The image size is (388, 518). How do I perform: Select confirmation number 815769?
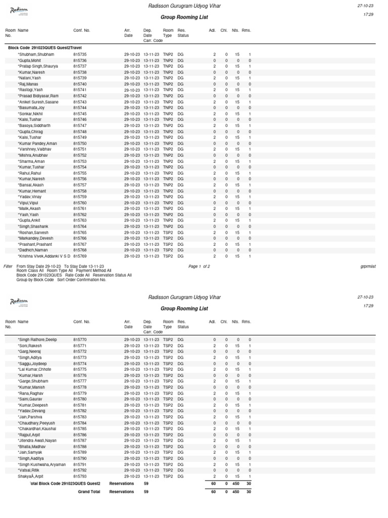coord(80,256)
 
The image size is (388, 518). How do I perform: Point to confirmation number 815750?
coord(80,144)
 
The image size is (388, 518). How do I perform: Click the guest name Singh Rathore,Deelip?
coord(37,339)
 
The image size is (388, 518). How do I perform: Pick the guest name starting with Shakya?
coord(31,477)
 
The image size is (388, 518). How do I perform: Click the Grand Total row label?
coord(89,491)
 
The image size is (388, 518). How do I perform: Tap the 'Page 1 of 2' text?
coord(199,266)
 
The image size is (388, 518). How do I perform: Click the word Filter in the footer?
coord(8,266)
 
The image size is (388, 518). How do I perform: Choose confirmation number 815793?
coord(80,477)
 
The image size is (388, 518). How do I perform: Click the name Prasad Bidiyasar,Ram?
coord(38,96)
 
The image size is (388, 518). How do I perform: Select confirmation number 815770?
coord(80,339)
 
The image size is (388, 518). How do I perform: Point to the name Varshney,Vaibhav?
coord(35,149)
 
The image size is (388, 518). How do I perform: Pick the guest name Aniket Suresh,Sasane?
coord(38,102)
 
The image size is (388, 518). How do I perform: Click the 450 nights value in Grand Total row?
coord(235,491)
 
